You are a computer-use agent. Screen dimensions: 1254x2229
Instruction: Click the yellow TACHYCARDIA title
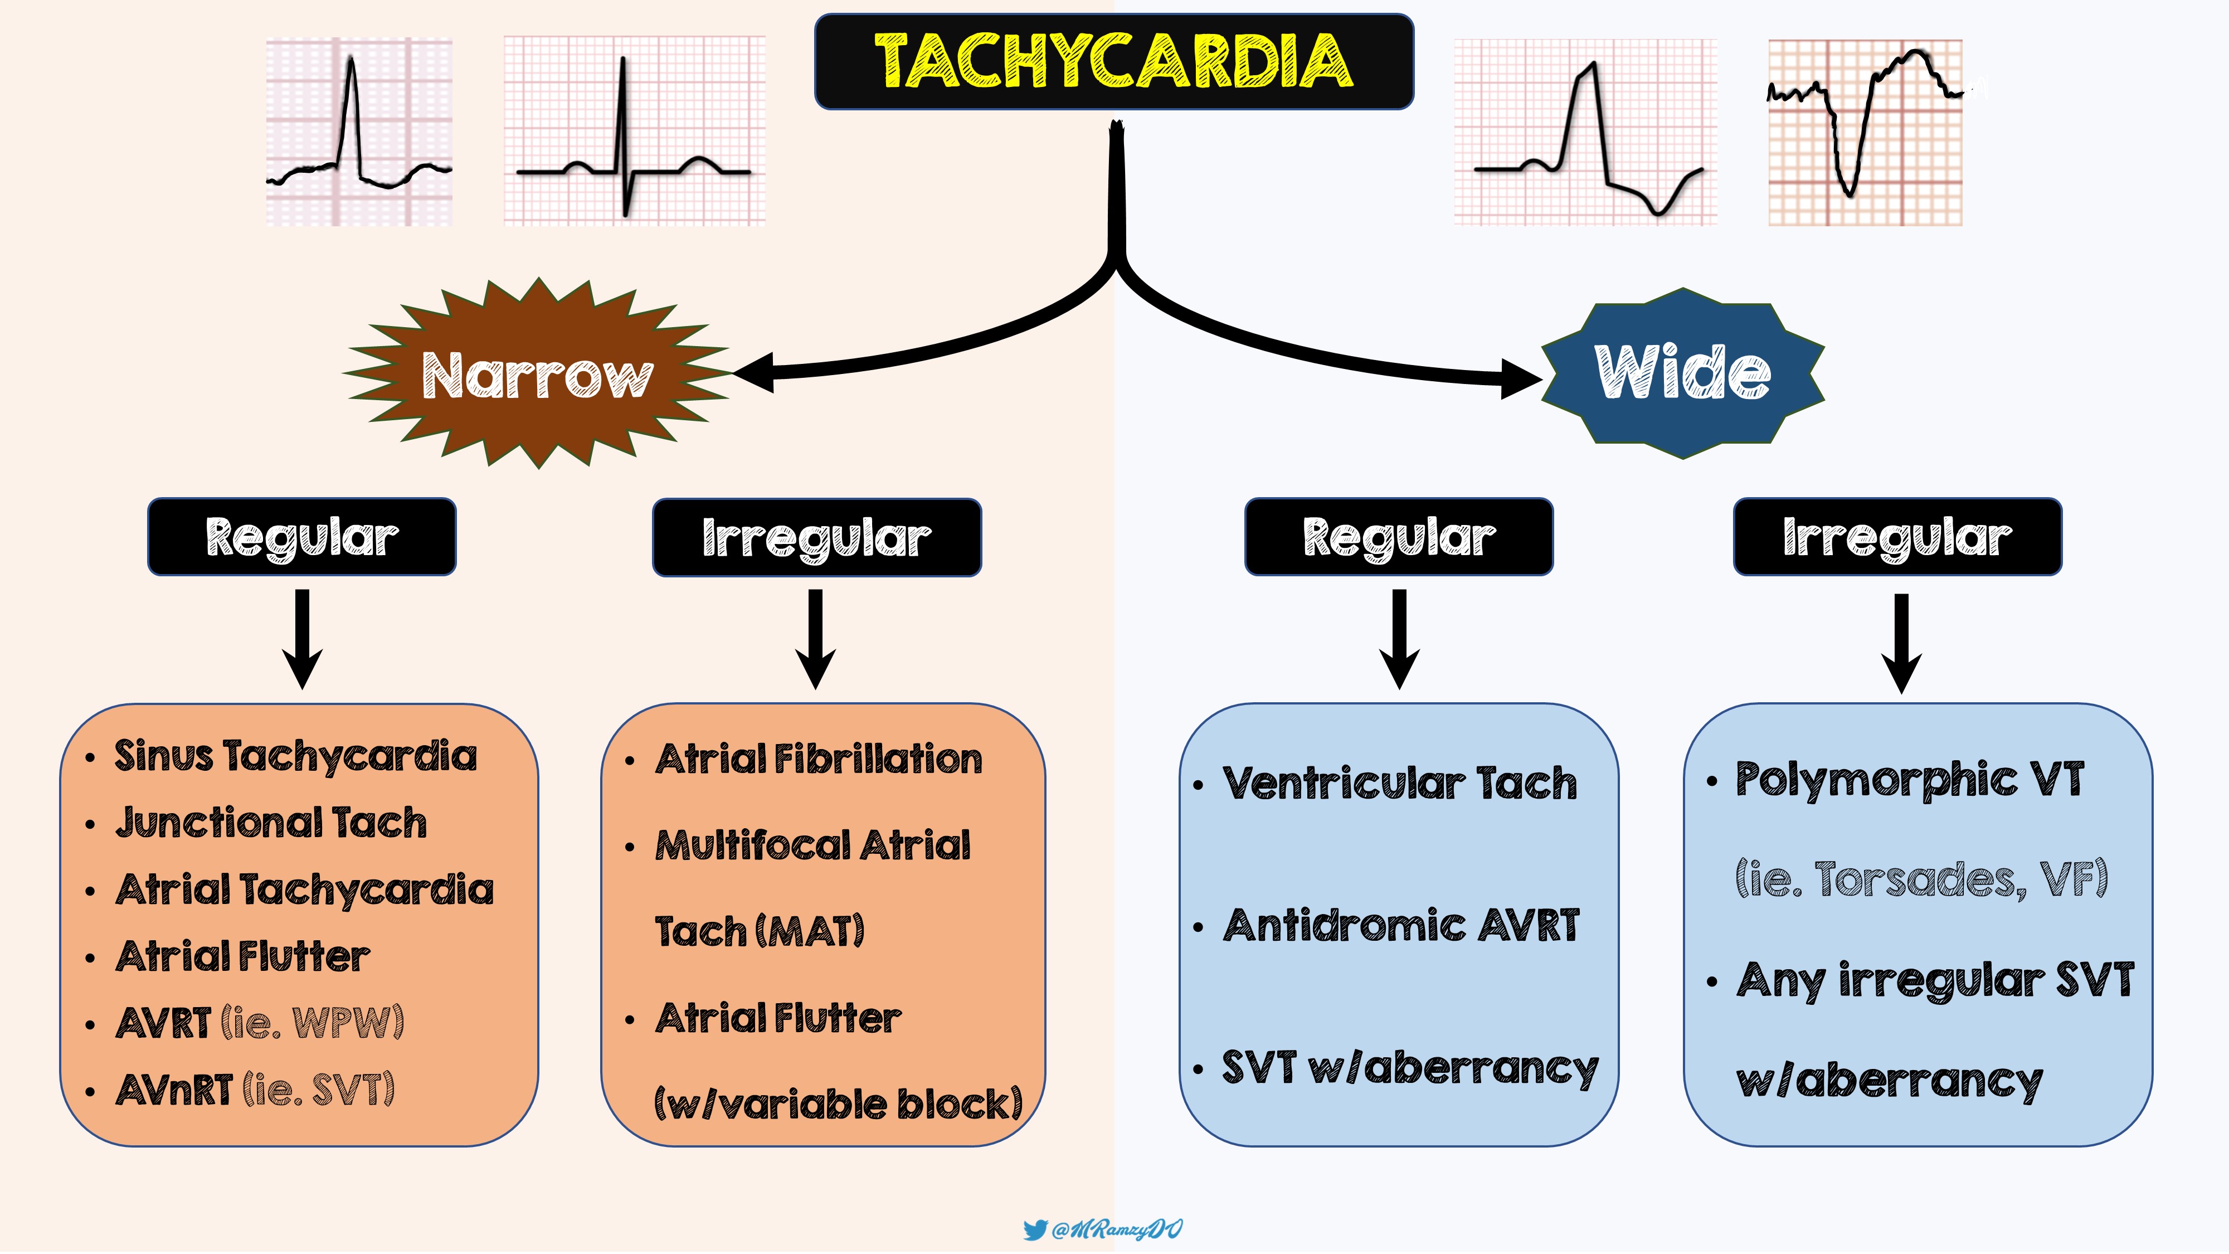click(x=1113, y=61)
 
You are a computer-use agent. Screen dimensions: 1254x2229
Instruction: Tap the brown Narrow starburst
click(x=537, y=375)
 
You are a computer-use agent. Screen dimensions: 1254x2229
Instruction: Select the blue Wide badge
click(x=1682, y=373)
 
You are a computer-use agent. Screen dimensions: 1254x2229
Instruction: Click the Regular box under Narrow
click(x=302, y=537)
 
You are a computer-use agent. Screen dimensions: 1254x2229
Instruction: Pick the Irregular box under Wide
click(x=1897, y=537)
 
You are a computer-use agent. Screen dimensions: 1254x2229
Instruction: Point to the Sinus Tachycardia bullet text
click(x=295, y=756)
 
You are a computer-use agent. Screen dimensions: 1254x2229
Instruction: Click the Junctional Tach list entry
click(x=271, y=822)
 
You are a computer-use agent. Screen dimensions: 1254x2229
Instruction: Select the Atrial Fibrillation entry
click(x=819, y=759)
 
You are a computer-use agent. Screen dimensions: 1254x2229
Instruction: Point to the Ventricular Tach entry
click(x=1399, y=783)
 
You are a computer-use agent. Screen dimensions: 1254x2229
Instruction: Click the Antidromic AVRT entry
click(x=1401, y=925)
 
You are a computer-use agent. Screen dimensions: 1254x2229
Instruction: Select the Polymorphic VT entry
click(x=1910, y=780)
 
